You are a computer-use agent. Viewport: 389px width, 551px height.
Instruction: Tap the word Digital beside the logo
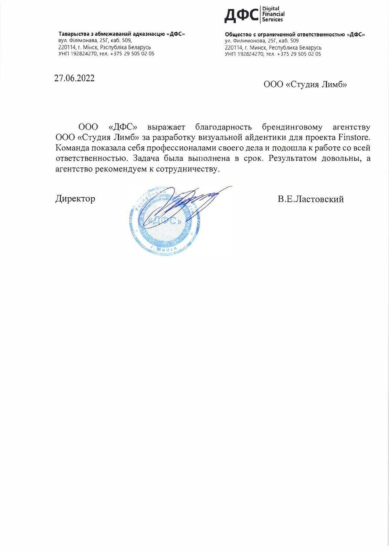pos(271,9)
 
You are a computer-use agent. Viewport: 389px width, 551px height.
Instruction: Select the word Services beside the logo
pos(272,20)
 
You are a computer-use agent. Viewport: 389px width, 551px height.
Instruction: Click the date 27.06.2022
pos(74,78)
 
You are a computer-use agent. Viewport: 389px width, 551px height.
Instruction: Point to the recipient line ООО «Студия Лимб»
pos(305,85)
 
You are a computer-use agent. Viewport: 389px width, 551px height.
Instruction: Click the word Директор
pos(75,199)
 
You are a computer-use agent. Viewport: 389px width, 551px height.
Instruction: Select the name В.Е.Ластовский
pos(311,199)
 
